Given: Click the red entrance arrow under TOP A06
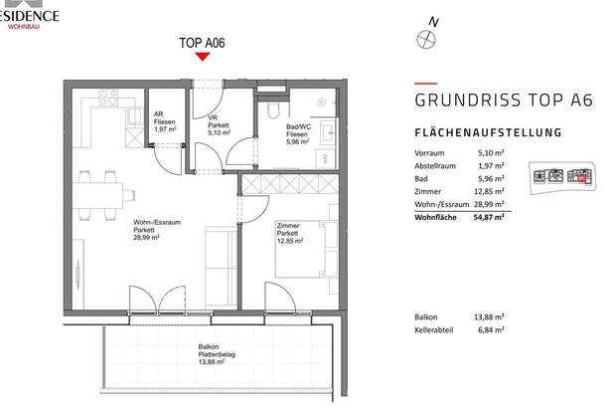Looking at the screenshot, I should (202, 56).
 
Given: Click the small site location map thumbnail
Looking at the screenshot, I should (560, 175).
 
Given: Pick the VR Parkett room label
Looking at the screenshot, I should (219, 124).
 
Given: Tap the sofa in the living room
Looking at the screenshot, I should (216, 258).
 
